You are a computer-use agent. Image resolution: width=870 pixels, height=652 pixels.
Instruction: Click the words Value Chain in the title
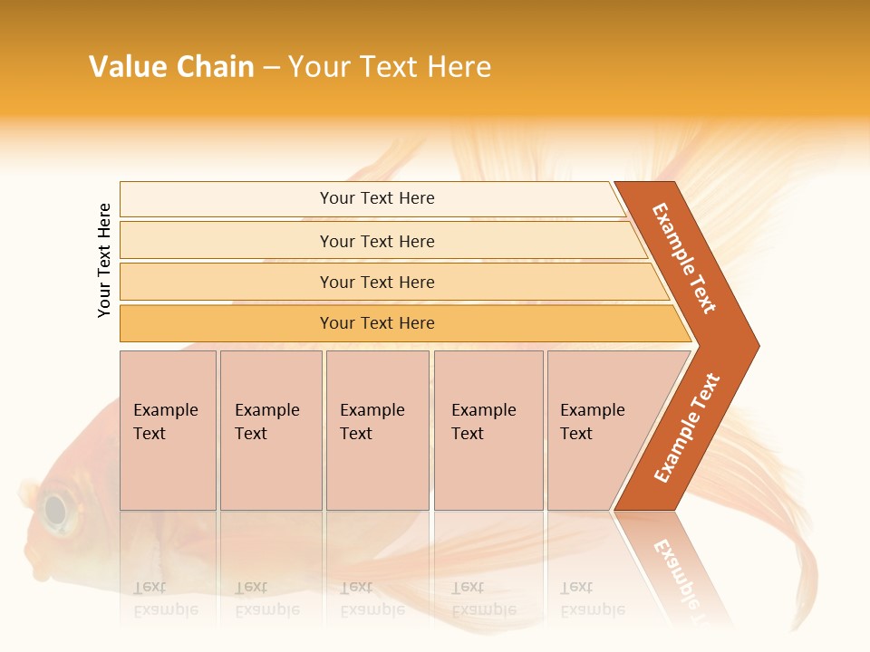pyautogui.click(x=171, y=67)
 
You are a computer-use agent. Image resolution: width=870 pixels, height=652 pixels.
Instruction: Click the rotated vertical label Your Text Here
pyautogui.click(x=104, y=260)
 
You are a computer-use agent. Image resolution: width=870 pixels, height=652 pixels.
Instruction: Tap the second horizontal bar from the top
pyautogui.click(x=377, y=241)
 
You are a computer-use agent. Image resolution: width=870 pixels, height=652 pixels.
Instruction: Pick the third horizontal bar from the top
pyautogui.click(x=377, y=282)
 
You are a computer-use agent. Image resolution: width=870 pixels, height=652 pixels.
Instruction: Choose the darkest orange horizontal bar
pyautogui.click(x=377, y=323)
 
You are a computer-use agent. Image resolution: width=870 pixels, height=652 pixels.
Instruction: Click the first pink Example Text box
pyautogui.click(x=168, y=430)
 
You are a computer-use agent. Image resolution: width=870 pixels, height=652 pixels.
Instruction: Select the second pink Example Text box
pyautogui.click(x=271, y=430)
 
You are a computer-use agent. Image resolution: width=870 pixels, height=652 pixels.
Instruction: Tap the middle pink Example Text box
pyautogui.click(x=377, y=430)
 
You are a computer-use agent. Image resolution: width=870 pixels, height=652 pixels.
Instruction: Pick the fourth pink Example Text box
pyautogui.click(x=488, y=430)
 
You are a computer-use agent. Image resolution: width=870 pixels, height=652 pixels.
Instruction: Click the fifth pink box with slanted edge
pyautogui.click(x=598, y=430)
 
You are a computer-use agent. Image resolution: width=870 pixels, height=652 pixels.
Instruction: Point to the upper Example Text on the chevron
pyautogui.click(x=684, y=258)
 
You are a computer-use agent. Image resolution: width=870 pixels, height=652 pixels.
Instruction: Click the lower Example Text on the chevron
pyautogui.click(x=687, y=427)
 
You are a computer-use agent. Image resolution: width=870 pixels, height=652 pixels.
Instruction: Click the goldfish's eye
pyautogui.click(x=56, y=510)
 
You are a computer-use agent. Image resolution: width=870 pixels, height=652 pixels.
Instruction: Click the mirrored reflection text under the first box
pyautogui.click(x=165, y=599)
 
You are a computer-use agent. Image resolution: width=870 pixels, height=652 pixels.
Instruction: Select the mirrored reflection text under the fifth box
pyautogui.click(x=592, y=599)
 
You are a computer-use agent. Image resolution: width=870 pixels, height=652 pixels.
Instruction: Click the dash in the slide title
pyautogui.click(x=271, y=68)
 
